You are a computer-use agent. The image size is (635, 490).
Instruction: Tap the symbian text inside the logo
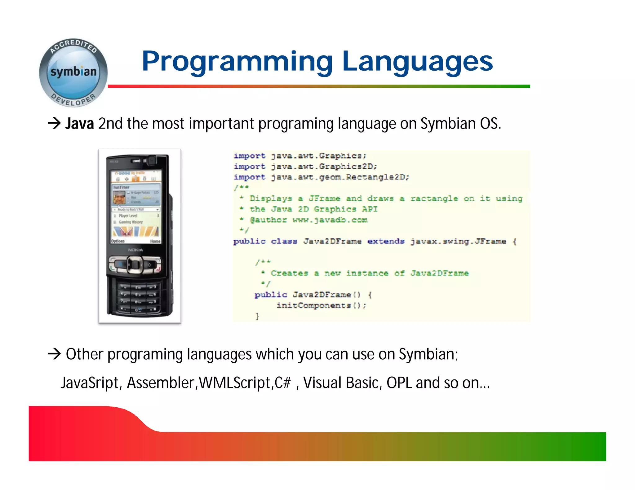coord(73,72)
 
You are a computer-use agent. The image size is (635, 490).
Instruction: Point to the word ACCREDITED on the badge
coord(73,46)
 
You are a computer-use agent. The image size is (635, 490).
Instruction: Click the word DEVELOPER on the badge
coord(73,100)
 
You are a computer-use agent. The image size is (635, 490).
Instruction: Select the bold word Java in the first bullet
coord(79,124)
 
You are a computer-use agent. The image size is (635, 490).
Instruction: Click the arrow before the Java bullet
coord(54,123)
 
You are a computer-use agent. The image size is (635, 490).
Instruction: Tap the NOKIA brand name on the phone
coord(135,250)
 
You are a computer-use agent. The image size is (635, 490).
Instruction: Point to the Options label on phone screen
coord(118,241)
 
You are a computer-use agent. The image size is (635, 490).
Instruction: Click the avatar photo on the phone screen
coord(119,198)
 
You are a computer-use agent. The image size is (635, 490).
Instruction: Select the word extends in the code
coord(386,241)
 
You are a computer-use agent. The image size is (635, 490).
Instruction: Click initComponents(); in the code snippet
coord(321,305)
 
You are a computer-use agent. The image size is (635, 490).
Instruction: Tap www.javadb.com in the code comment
coord(330,220)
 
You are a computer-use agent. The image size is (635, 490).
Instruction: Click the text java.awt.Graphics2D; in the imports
coord(324,167)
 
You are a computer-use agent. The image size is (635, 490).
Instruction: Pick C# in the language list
coord(283,383)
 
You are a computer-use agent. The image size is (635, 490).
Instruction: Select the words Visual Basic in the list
coord(341,383)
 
